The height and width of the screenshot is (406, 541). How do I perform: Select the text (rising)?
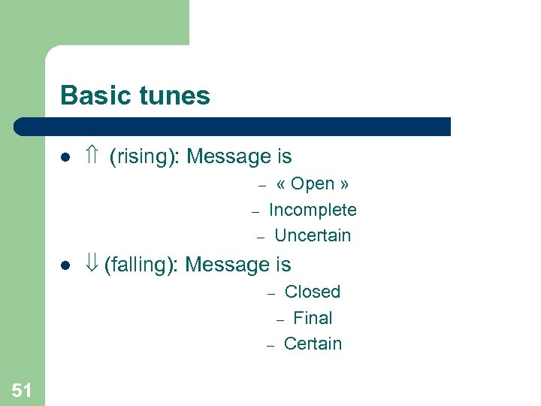click(145, 157)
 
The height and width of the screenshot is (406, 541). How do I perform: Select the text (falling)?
click(142, 265)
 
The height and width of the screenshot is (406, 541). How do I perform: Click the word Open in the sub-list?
click(312, 184)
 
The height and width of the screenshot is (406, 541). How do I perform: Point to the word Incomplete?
click(313, 210)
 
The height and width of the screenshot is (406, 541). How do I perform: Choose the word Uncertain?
click(313, 235)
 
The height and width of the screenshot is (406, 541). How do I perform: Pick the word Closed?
click(313, 292)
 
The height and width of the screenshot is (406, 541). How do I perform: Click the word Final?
click(313, 318)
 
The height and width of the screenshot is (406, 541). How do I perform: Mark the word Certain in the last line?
click(313, 344)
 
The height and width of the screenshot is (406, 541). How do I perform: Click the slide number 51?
click(22, 389)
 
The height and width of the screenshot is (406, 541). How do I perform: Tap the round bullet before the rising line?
click(65, 158)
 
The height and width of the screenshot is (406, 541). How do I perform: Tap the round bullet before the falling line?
click(65, 266)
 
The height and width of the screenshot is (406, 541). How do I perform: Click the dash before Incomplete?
click(255, 211)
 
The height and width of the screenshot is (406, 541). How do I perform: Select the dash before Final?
click(280, 320)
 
